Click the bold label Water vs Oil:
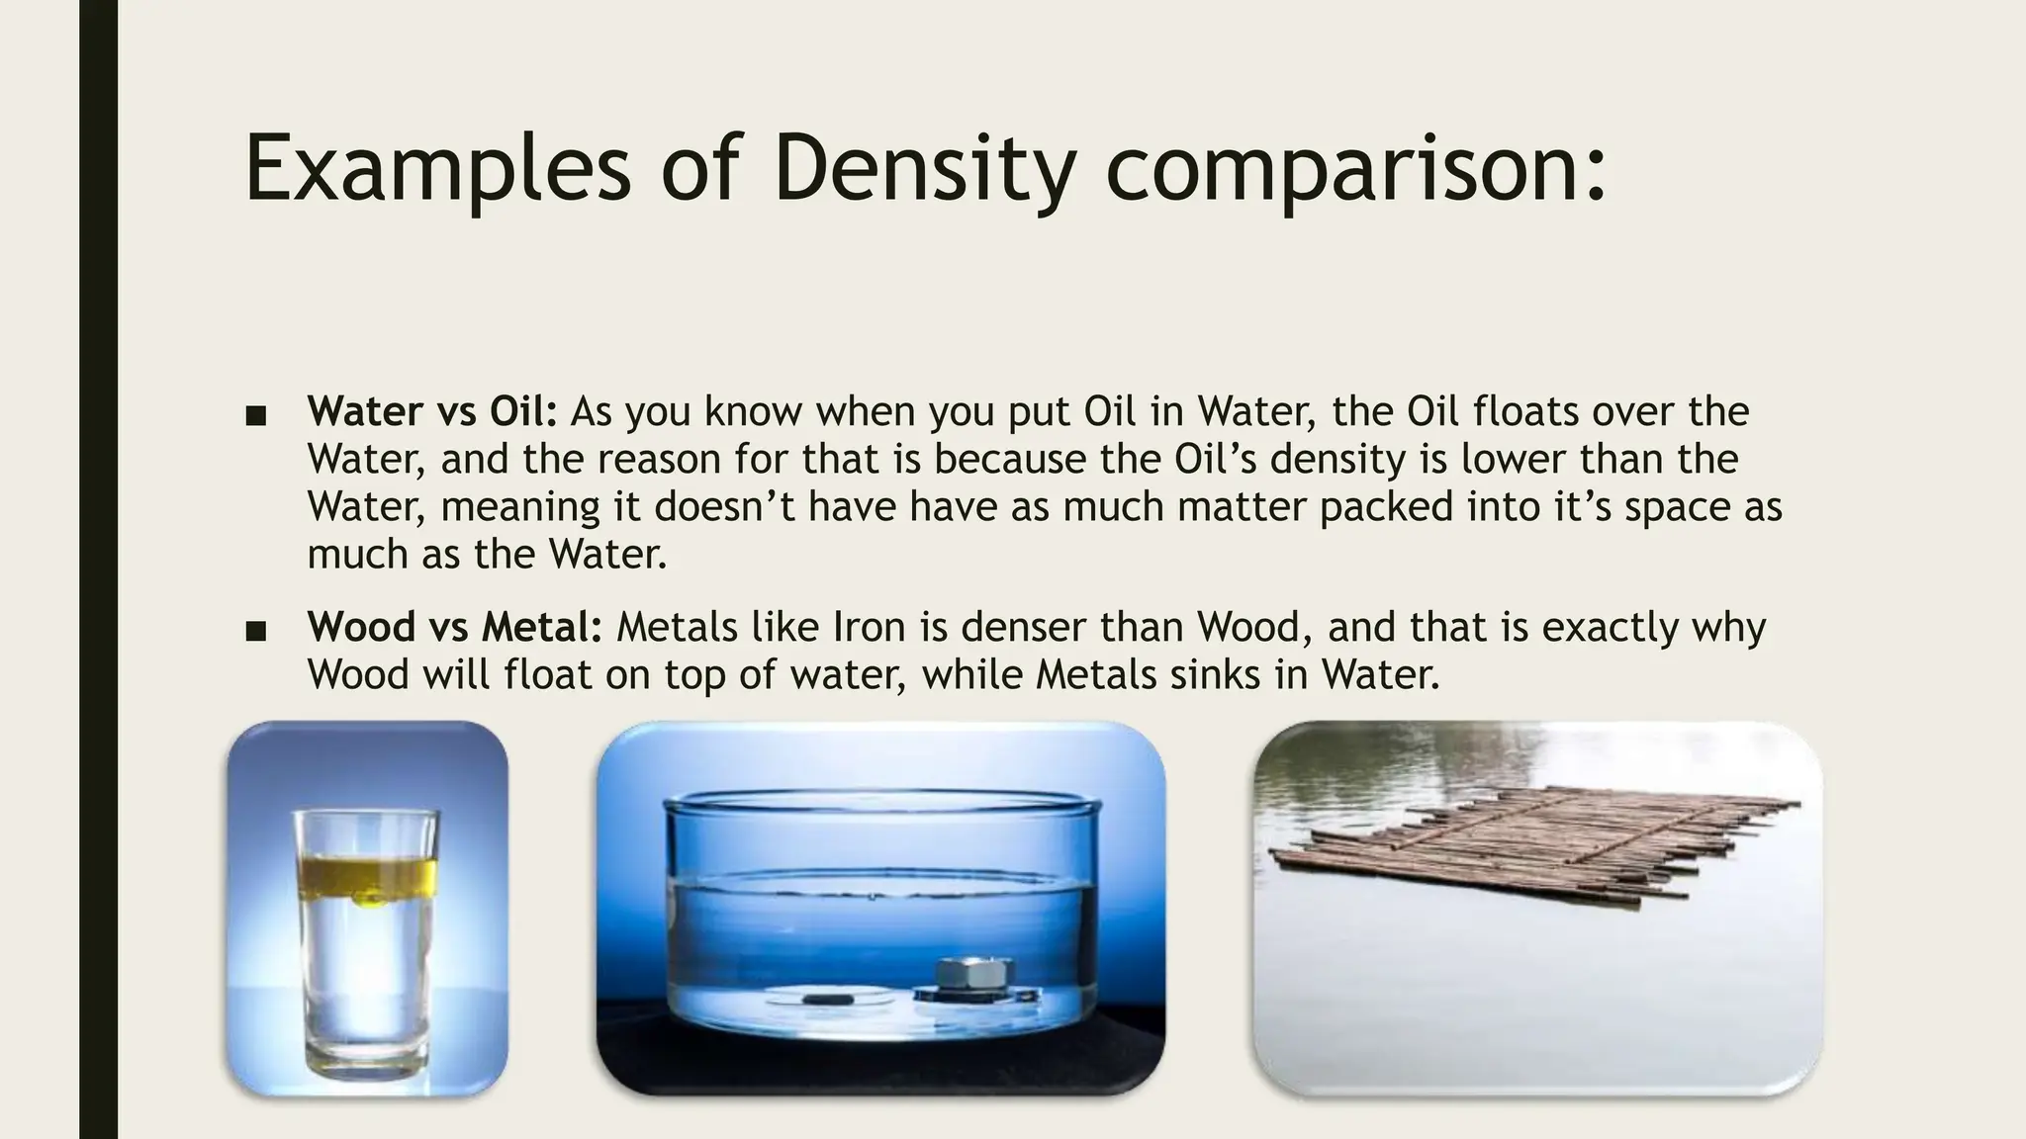[432, 411]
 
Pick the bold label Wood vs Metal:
[454, 627]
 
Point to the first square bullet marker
[256, 415]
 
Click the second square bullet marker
[256, 631]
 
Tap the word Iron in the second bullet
[869, 627]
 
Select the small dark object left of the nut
[827, 999]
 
